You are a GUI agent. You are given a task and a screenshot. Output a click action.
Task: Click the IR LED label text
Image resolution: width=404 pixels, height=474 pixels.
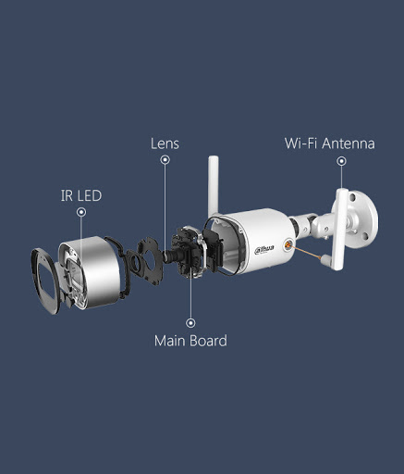(81, 195)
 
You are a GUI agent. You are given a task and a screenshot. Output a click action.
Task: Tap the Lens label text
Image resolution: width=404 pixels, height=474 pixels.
(165, 143)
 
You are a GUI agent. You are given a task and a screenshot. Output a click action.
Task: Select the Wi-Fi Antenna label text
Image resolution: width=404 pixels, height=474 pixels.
(329, 143)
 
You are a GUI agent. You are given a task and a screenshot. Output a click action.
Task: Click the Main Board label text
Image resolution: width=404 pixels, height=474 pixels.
(190, 341)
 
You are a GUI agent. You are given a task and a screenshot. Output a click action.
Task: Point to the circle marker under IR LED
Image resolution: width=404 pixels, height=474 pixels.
(81, 212)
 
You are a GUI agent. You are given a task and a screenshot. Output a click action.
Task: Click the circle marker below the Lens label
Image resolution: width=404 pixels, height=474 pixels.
(165, 159)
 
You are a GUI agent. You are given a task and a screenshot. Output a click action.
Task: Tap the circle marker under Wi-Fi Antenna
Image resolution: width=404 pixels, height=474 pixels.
(341, 161)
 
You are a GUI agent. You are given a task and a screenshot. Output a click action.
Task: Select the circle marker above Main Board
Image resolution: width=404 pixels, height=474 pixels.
(190, 323)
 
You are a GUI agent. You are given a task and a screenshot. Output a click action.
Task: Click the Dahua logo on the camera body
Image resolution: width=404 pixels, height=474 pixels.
(264, 249)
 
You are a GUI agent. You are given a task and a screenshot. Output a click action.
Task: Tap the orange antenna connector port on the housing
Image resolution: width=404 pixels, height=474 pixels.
(288, 244)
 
